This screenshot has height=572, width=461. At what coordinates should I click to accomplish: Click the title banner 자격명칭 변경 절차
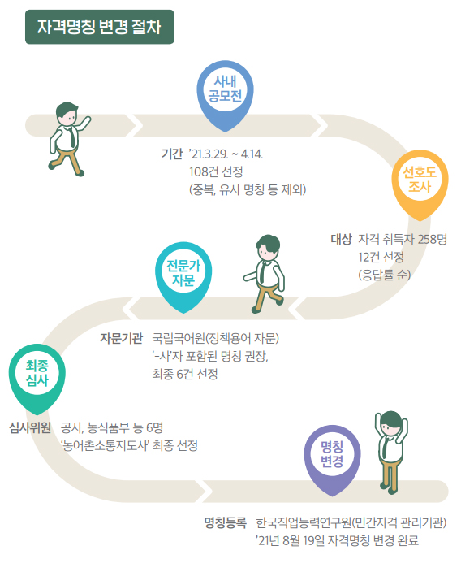pyautogui.click(x=100, y=27)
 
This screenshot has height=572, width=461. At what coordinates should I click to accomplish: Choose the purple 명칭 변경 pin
pyautogui.click(x=332, y=461)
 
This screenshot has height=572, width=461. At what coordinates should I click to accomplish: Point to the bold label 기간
pyautogui.click(x=172, y=154)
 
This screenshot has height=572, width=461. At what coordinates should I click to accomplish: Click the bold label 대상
pyautogui.click(x=341, y=240)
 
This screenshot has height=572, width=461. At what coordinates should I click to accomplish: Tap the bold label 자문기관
pyautogui.click(x=122, y=338)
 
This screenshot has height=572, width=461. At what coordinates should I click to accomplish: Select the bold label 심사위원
pyautogui.click(x=30, y=427)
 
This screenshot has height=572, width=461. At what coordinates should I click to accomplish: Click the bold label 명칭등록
pyautogui.click(x=225, y=522)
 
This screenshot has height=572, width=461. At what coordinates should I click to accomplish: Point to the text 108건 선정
pyautogui.click(x=216, y=171)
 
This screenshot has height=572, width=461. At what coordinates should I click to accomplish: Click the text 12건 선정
pyautogui.click(x=381, y=257)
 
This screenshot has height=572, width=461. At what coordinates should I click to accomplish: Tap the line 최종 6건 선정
pyautogui.click(x=185, y=374)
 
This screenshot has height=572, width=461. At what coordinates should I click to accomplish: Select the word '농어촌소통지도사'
pyautogui.click(x=105, y=445)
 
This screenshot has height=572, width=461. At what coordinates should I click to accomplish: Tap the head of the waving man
pyautogui.click(x=67, y=114)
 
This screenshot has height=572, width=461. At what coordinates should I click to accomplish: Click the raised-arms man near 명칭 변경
pyautogui.click(x=391, y=453)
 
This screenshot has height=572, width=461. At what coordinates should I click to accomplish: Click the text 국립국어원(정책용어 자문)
pyautogui.click(x=215, y=338)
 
